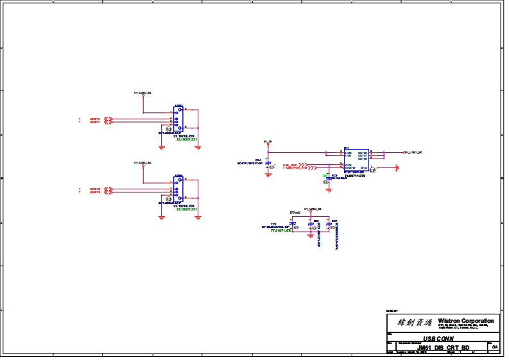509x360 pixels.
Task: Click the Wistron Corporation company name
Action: [466, 320]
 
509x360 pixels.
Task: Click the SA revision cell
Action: [494, 347]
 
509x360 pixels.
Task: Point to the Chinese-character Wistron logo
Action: [411, 322]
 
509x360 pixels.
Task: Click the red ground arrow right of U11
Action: [396, 168]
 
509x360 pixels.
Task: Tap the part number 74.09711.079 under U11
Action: [354, 176]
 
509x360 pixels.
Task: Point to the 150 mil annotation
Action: [295, 212]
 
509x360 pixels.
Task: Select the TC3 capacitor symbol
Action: [293, 225]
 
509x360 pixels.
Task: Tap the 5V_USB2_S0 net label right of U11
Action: [416, 153]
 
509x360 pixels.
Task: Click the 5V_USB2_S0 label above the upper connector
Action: [142, 92]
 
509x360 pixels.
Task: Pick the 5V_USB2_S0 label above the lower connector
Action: [142, 163]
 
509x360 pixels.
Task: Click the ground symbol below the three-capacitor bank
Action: [311, 236]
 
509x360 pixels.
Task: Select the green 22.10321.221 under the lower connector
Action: [186, 210]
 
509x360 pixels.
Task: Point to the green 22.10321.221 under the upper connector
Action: [186, 139]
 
